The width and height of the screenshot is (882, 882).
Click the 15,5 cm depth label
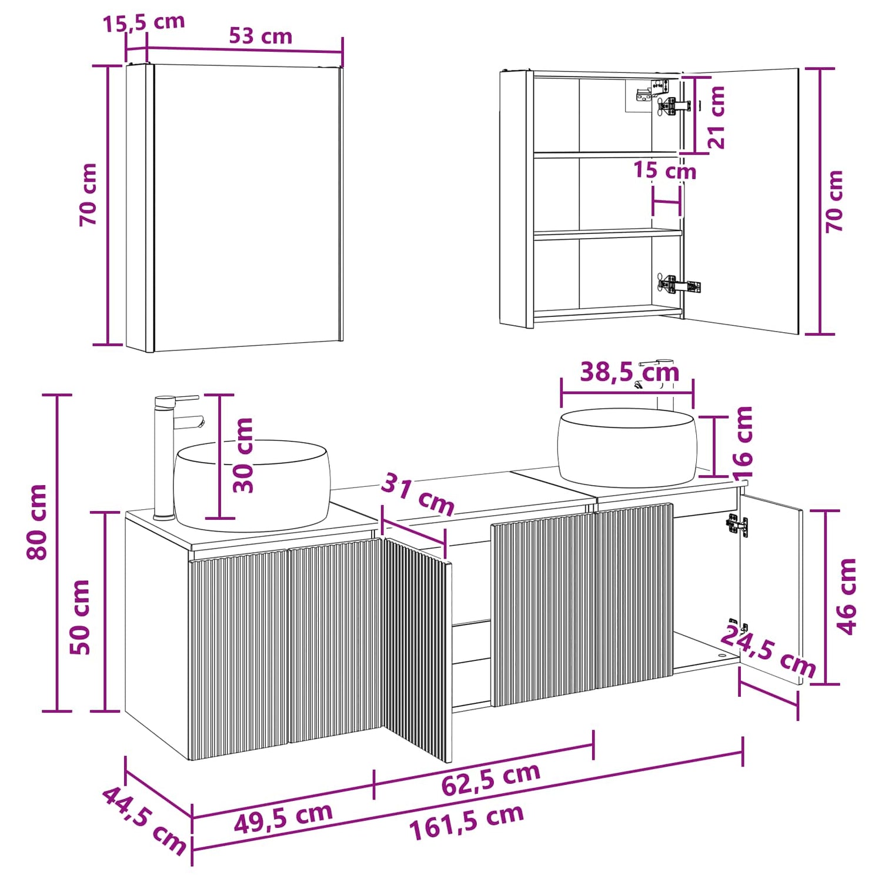[x=144, y=23]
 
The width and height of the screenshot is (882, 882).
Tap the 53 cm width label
[x=260, y=36]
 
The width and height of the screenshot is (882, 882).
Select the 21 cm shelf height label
[x=716, y=117]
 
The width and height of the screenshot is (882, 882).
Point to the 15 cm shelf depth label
[x=664, y=171]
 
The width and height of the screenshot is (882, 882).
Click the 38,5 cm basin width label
[x=630, y=372]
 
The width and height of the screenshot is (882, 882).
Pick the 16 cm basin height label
[x=743, y=442]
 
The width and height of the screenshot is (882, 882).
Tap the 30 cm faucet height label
[x=242, y=455]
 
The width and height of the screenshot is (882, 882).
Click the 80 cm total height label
[x=37, y=522]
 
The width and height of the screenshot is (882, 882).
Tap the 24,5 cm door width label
[x=768, y=652]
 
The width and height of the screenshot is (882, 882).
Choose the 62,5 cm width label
[x=491, y=779]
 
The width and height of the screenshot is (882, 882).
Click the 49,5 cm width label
[x=283, y=817]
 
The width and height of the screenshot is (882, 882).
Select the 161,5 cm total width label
[x=466, y=822]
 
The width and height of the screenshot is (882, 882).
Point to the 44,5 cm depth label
[x=145, y=821]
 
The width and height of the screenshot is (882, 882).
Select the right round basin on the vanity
[x=627, y=447]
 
